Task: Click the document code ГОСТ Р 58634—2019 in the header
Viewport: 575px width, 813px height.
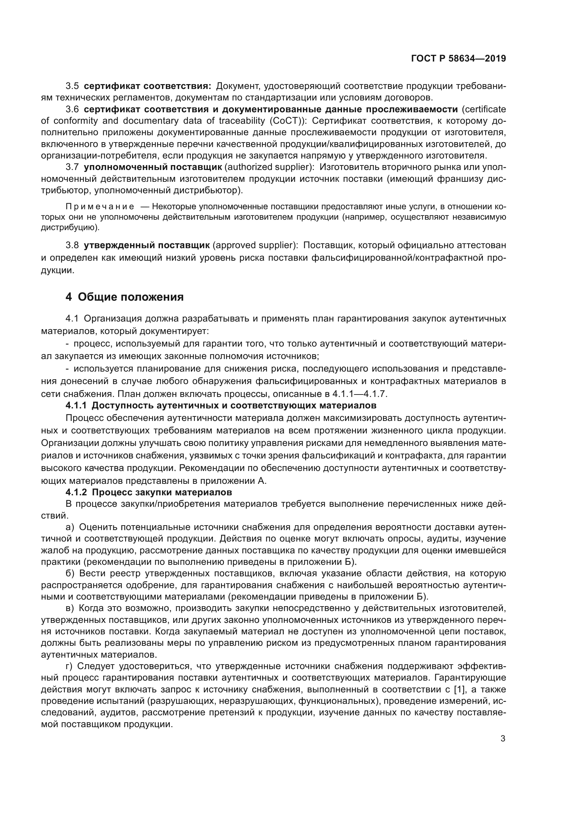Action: pyautogui.click(x=458, y=58)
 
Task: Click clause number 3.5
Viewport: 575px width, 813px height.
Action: pyautogui.click(x=72, y=86)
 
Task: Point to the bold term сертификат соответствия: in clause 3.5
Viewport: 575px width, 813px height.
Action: pyautogui.click(x=148, y=86)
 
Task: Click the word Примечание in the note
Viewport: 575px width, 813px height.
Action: pyautogui.click(x=100, y=206)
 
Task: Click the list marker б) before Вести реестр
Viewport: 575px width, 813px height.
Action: pyautogui.click(x=70, y=573)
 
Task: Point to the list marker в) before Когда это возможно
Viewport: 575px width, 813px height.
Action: pyautogui.click(x=70, y=608)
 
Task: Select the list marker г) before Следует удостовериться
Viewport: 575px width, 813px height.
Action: pyautogui.click(x=70, y=666)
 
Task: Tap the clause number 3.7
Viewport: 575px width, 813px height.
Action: pyautogui.click(x=72, y=167)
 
